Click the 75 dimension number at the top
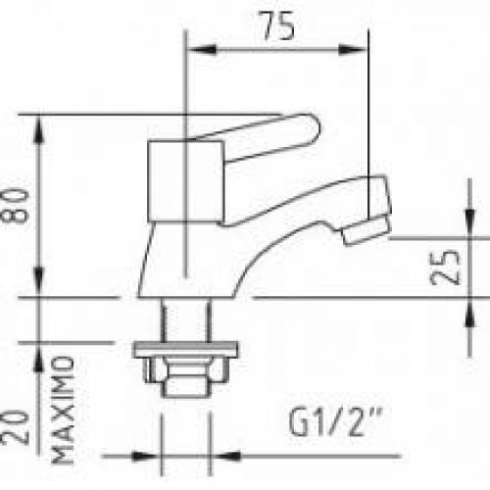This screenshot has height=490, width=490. coord(277,27)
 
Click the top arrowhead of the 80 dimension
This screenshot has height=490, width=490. coord(40,123)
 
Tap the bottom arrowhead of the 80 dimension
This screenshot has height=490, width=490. coord(40,288)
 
